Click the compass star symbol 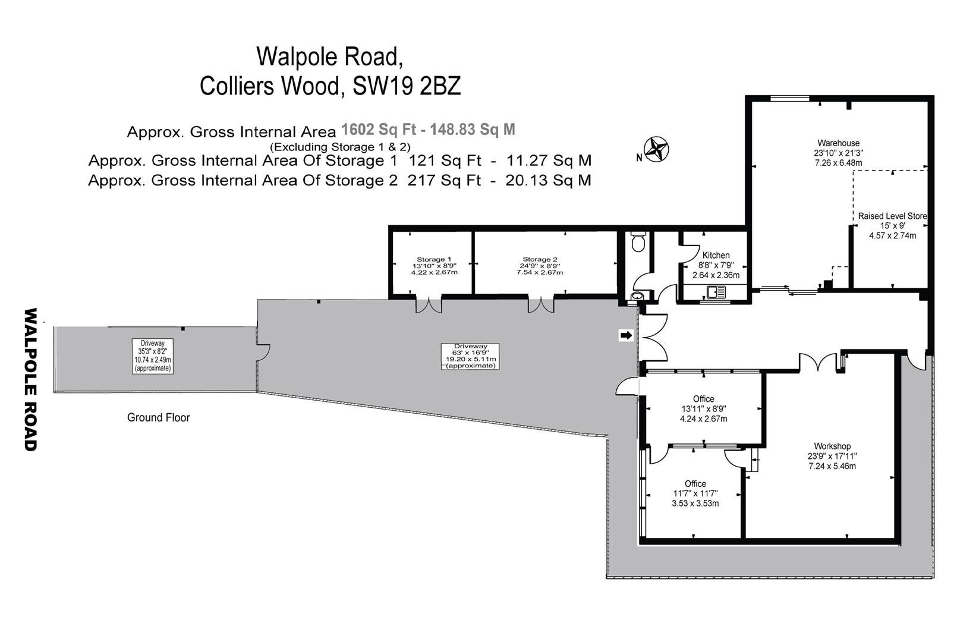656,149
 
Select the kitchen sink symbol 716,292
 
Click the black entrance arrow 627,335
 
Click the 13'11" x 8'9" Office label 704,409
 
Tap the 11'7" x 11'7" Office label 695,493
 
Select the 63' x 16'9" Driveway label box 470,356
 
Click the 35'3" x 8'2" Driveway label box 153,356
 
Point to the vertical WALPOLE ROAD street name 31,379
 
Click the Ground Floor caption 159,417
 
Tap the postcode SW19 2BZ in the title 407,86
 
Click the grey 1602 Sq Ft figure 379,129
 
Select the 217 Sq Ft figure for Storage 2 445,180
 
